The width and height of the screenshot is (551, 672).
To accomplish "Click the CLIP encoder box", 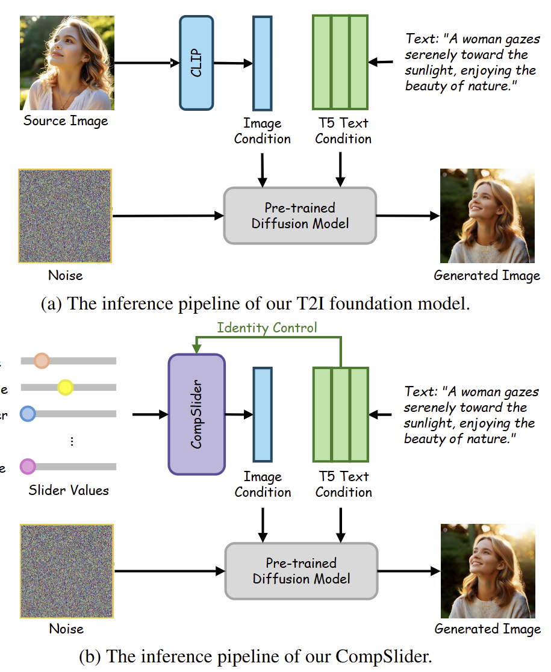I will (x=196, y=63).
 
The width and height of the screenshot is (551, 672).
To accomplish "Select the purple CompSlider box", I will (x=196, y=414).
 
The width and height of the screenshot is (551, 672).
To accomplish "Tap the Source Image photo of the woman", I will (x=67, y=63).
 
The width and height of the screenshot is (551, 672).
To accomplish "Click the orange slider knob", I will (x=42, y=361).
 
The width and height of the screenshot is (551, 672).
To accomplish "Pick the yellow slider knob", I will (x=65, y=388).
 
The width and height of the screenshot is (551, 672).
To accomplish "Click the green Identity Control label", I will (x=267, y=328).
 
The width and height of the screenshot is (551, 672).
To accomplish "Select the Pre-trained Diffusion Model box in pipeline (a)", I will (x=299, y=216).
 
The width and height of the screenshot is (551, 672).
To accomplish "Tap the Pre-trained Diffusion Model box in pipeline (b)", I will (x=301, y=570).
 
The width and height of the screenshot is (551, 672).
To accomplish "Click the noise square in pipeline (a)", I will (x=65, y=216).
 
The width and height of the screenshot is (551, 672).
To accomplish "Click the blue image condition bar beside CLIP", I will (x=262, y=63).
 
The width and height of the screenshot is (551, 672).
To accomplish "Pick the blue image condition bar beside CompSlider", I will (x=263, y=414).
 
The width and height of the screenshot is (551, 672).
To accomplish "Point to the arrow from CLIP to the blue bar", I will (x=233, y=63).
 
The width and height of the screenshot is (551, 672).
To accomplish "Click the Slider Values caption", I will (x=69, y=490).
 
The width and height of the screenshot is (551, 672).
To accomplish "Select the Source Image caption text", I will (x=66, y=120).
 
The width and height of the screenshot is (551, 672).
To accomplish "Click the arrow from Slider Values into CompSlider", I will (x=150, y=414).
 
